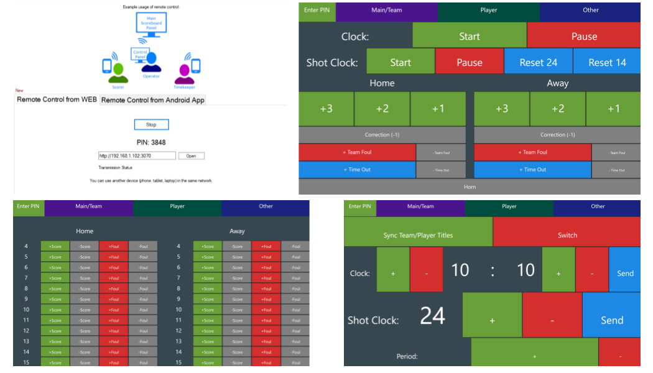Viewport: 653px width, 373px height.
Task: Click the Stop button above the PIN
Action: click(151, 125)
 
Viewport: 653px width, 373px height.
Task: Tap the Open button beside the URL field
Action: click(191, 156)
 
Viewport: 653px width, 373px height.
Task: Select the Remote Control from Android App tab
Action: click(153, 100)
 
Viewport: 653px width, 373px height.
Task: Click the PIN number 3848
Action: click(151, 142)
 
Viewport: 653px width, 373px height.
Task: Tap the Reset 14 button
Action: click(607, 62)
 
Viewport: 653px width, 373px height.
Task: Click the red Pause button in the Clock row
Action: click(583, 36)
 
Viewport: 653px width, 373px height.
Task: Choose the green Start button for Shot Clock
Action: click(401, 62)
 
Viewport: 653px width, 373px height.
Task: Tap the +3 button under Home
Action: click(327, 109)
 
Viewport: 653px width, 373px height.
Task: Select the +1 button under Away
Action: click(613, 109)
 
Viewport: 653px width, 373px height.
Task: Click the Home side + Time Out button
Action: click(357, 170)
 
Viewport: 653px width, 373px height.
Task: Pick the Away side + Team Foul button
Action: click(532, 152)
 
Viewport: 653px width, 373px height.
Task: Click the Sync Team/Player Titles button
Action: click(418, 235)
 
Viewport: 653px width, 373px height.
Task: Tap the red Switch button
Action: click(567, 235)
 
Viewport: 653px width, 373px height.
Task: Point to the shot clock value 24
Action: click(432, 316)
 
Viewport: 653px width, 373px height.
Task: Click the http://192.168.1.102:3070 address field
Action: click(137, 156)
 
